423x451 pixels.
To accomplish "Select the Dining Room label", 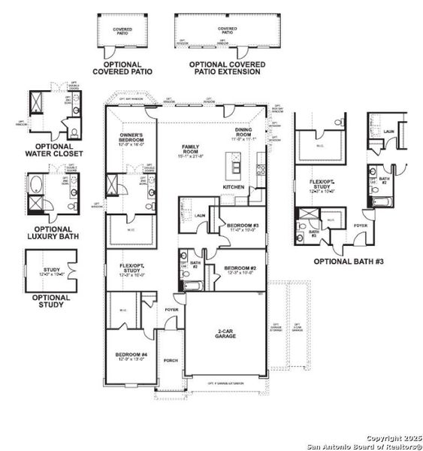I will (x=244, y=135).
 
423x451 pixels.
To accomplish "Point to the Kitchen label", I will (x=234, y=186).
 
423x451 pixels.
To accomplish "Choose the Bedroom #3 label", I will (x=241, y=227).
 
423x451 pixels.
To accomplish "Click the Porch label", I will (x=171, y=360).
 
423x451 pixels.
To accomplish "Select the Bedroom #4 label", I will (x=131, y=356).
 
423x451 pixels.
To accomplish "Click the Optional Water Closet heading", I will (x=53, y=150).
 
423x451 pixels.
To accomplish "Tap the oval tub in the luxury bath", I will (x=35, y=184).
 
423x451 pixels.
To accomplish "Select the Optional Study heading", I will (x=52, y=301).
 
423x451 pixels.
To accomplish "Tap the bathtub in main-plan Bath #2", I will (x=189, y=286).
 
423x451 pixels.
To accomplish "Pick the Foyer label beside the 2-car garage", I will (x=172, y=309).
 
